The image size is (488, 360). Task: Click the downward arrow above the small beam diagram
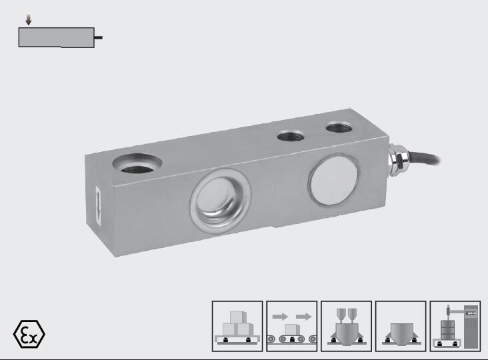pos(28,19)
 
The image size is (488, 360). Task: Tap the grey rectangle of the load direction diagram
pos(56,37)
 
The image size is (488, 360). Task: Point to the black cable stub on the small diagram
pos(99,37)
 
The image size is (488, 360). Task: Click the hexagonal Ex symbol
pos(29,334)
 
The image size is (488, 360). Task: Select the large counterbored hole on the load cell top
pos(137,163)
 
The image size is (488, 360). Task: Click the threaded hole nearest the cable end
pos(339,127)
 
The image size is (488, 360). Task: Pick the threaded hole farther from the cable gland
pos(291,136)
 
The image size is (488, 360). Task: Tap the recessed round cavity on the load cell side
pos(220,201)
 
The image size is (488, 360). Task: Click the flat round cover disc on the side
pos(333,180)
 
